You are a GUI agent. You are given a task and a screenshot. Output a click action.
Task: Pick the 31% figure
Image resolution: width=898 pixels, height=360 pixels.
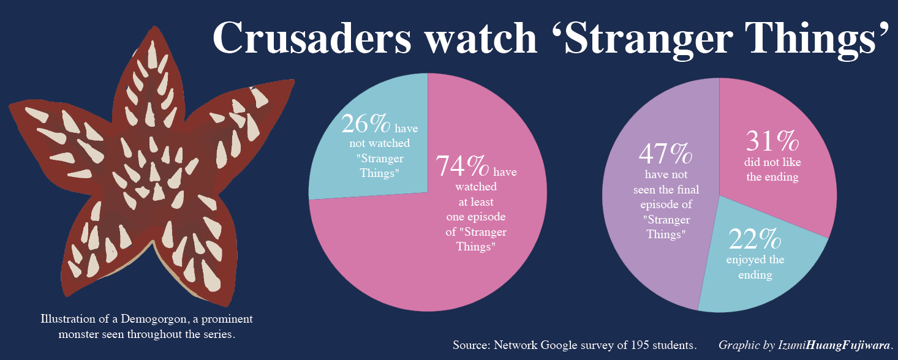(x=772, y=141)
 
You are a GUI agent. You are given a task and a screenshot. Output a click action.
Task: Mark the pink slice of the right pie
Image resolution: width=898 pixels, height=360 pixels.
(x=796, y=196)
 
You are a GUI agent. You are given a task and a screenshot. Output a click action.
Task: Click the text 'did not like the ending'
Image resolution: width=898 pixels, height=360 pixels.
(x=772, y=170)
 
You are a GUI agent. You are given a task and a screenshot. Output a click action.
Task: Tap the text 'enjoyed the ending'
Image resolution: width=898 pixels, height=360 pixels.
(x=755, y=268)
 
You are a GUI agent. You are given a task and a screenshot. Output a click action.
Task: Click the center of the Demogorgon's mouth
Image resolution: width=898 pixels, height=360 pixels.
(x=149, y=174)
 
